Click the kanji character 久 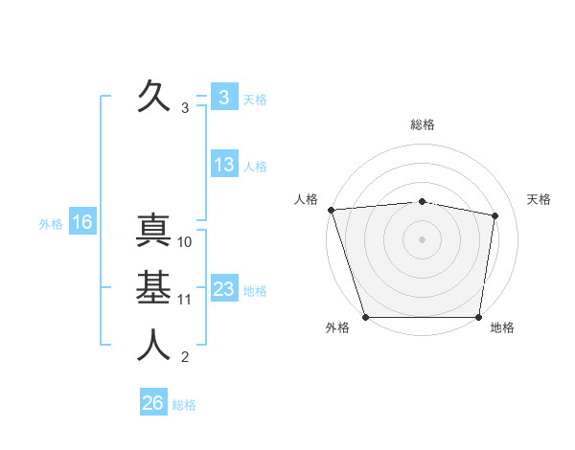click(152, 96)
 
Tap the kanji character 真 click(152, 233)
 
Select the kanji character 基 click(152, 288)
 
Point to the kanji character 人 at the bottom click(152, 346)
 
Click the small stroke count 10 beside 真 click(185, 242)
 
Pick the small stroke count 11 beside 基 click(185, 300)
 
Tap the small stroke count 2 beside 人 click(185, 358)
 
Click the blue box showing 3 click(223, 97)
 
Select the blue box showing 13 click(224, 165)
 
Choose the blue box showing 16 click(82, 222)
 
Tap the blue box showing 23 click(224, 289)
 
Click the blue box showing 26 click(152, 403)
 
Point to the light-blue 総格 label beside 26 click(184, 405)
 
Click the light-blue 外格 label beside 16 click(51, 224)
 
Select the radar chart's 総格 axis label click(422, 124)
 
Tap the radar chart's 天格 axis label click(540, 199)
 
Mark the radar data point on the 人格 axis click(331, 210)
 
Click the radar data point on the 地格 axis click(478, 317)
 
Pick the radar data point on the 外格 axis click(365, 317)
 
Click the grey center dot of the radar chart click(422, 238)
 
